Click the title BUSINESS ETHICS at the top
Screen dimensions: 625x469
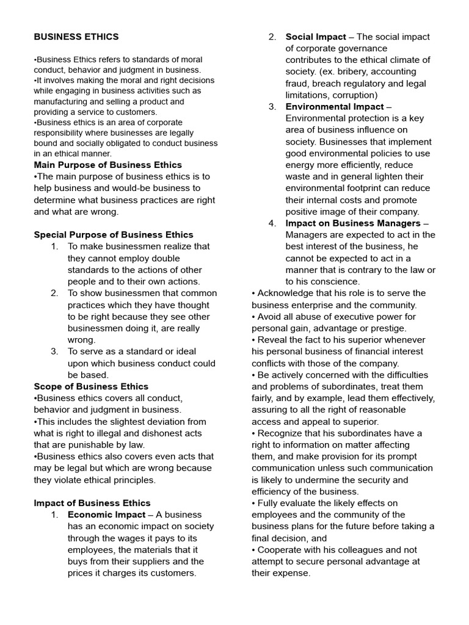[x=76, y=37]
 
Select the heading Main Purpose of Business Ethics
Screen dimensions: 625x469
[x=107, y=165]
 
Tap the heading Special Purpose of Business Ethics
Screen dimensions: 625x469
[x=114, y=234]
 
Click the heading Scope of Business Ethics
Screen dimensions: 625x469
[x=91, y=386]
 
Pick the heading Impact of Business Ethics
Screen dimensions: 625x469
[x=92, y=503]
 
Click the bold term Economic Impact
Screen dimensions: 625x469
[x=106, y=515]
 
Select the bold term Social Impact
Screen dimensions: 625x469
[x=316, y=37]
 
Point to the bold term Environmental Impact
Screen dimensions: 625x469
[x=335, y=107]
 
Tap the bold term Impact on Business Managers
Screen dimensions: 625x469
[x=353, y=223]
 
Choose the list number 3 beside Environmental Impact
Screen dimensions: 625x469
[x=272, y=107]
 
